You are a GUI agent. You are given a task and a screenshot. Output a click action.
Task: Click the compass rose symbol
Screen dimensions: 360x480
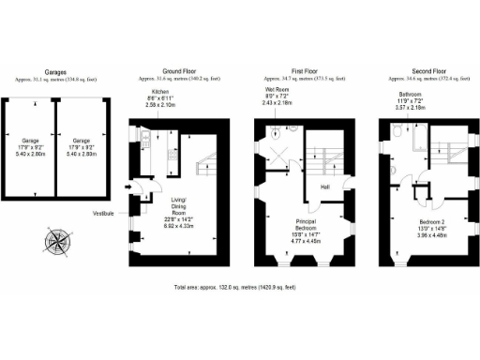[x=58, y=242]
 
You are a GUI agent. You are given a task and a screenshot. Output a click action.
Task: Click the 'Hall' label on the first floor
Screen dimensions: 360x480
[x=324, y=187]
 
